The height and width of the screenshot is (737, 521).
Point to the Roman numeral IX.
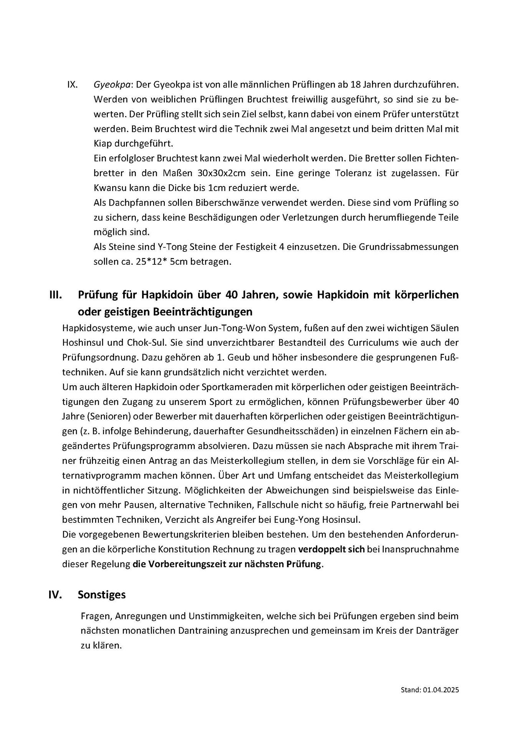tap(73, 85)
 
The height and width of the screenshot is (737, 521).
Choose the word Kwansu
tap(108, 188)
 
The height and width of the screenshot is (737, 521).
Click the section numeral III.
tap(56, 295)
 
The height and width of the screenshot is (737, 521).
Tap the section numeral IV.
tap(56, 595)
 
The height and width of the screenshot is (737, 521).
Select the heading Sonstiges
tap(102, 595)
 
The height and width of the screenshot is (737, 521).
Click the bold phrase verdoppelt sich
tap(331, 549)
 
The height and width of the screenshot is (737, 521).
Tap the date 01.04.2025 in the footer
tap(441, 690)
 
